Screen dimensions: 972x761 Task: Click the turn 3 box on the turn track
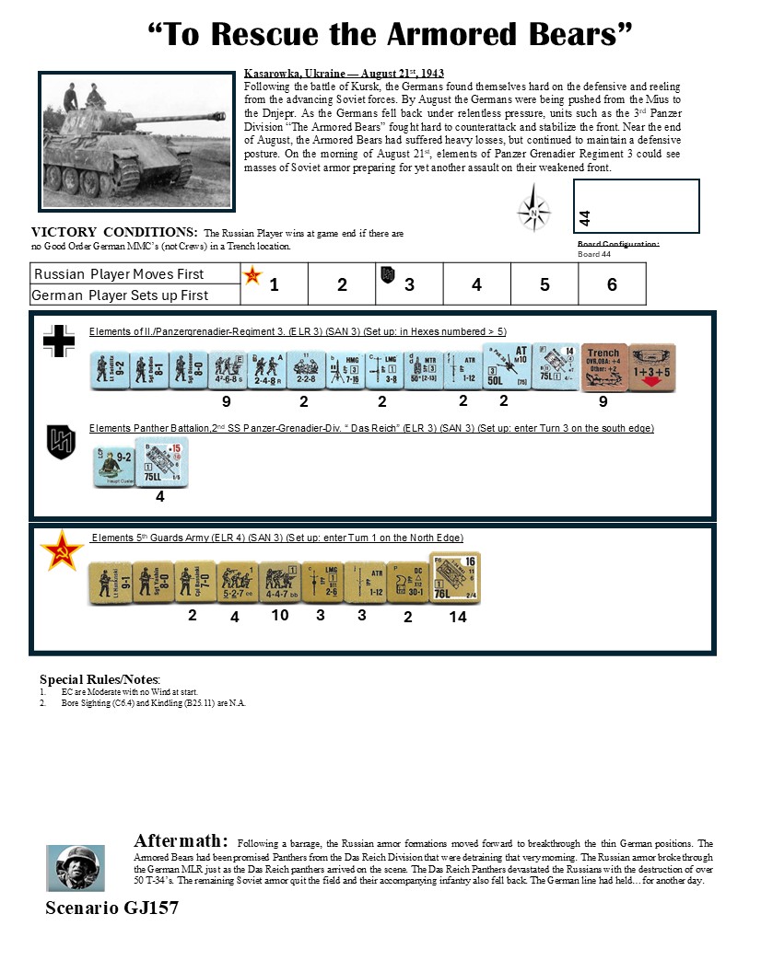[409, 283]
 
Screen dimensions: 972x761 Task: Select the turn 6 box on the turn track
[612, 283]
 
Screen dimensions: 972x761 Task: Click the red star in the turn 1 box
[252, 275]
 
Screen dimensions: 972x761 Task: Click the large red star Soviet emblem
[63, 550]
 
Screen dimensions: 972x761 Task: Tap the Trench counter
[604, 367]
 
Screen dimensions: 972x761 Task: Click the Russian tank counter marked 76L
[455, 577]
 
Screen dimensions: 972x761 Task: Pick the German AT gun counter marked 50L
[505, 366]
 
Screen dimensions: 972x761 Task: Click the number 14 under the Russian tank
[457, 617]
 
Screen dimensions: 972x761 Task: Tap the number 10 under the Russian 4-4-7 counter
[279, 615]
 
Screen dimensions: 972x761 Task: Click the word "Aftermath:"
[181, 840]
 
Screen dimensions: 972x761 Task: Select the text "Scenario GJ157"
[111, 908]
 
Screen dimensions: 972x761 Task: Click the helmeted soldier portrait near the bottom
[76, 867]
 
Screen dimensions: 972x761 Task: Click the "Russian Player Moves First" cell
[119, 274]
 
